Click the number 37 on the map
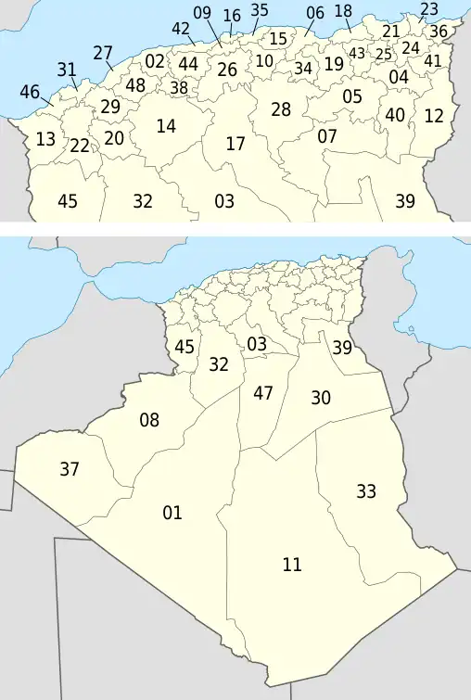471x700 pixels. click(70, 469)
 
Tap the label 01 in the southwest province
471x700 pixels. click(172, 513)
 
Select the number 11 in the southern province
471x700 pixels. click(292, 564)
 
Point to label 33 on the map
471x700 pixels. click(366, 491)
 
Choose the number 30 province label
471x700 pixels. click(321, 398)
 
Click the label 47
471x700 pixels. click(263, 393)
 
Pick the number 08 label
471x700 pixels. click(149, 421)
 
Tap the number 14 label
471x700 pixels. click(166, 126)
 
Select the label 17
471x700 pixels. click(235, 144)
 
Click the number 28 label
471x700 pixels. click(281, 109)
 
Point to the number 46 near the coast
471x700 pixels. click(30, 92)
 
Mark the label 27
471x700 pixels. click(103, 53)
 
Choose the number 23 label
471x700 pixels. click(429, 9)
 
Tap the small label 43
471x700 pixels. click(357, 53)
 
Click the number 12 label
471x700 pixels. click(434, 116)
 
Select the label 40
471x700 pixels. click(396, 115)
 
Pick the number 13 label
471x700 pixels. click(45, 140)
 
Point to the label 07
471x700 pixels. click(327, 136)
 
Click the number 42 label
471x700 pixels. click(181, 28)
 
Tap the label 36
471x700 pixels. click(439, 31)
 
